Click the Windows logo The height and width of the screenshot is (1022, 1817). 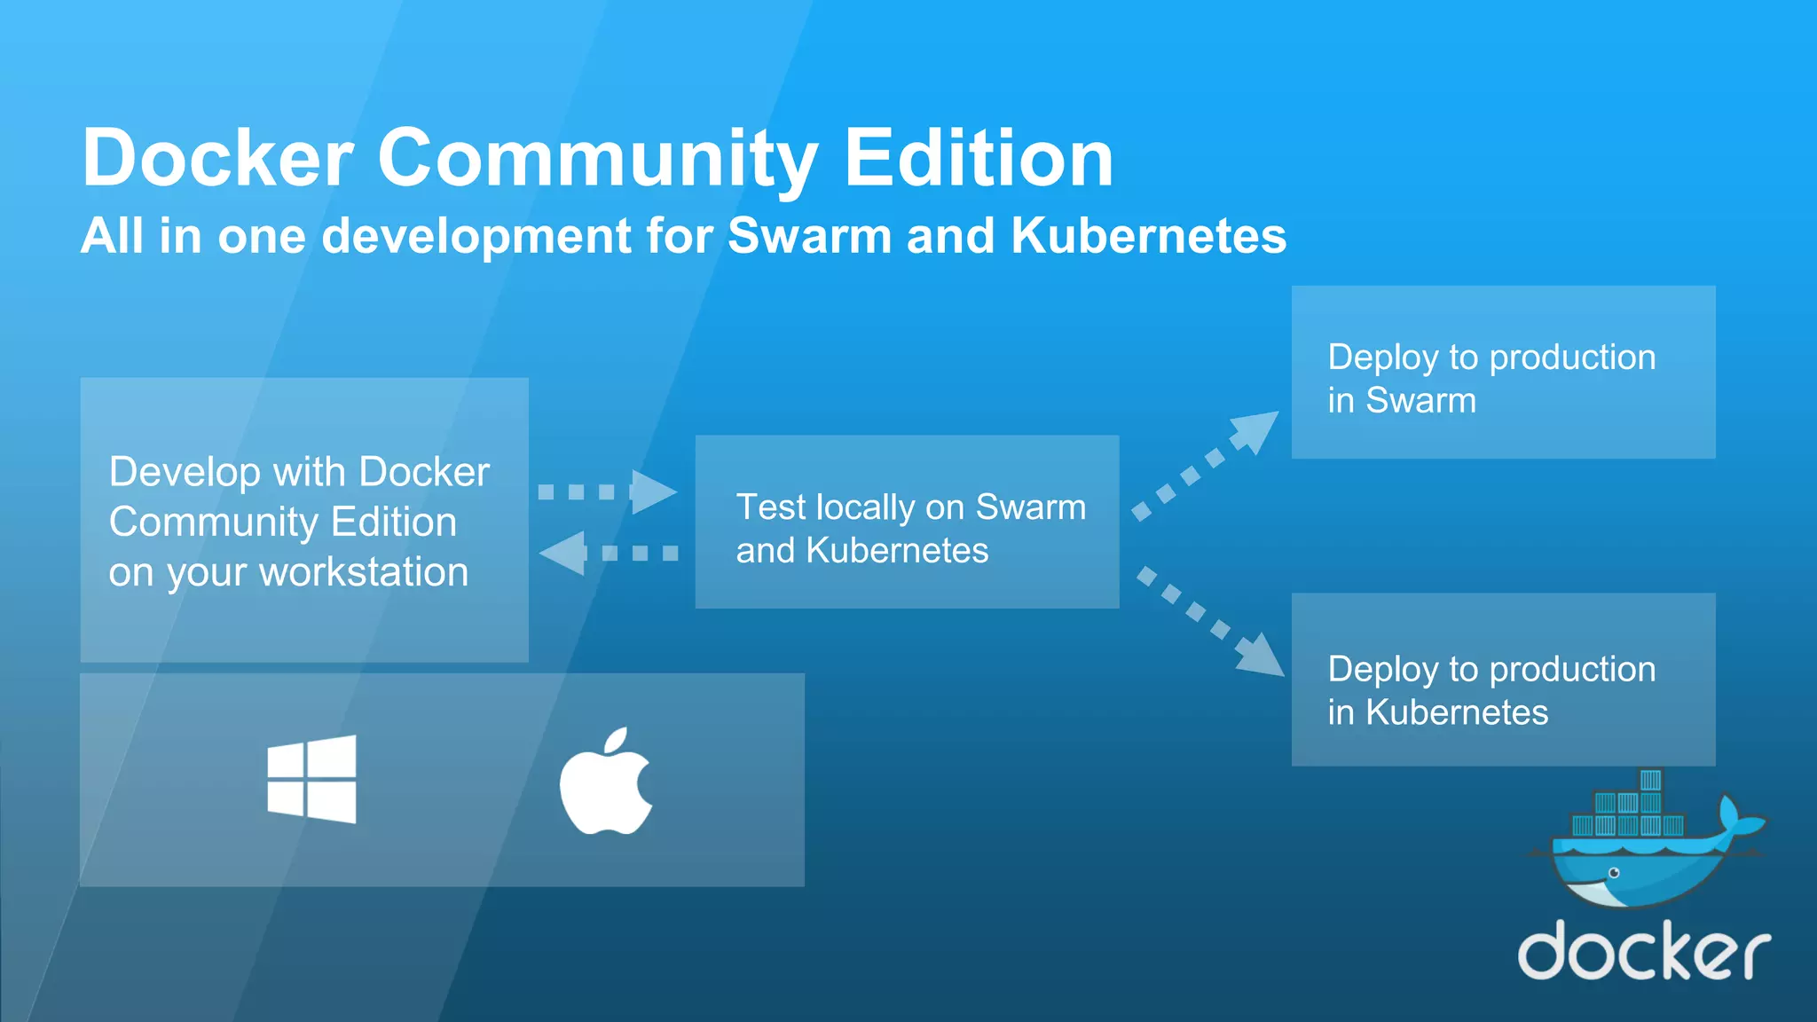point(311,779)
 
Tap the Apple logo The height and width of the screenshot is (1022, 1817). point(606,783)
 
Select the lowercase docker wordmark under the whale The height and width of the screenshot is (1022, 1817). point(1644,950)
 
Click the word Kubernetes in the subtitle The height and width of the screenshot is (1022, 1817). point(1148,236)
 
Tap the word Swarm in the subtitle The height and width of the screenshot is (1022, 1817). point(809,236)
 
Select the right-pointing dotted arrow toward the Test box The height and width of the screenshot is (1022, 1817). point(608,491)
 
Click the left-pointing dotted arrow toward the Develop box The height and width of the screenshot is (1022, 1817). point(609,553)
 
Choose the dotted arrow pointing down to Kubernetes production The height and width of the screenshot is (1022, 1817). point(1210,621)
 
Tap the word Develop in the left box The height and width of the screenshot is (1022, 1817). point(184,473)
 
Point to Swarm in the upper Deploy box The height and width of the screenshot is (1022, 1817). point(1420,400)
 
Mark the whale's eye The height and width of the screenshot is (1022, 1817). point(1615,873)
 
